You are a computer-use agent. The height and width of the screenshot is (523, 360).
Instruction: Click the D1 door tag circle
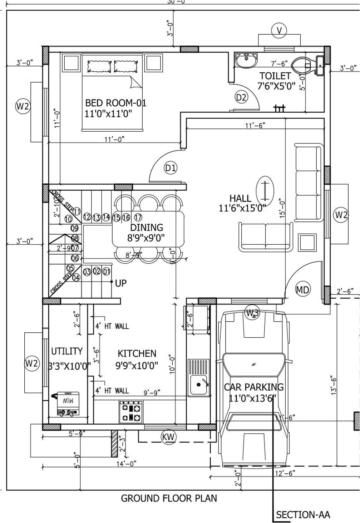click(x=171, y=167)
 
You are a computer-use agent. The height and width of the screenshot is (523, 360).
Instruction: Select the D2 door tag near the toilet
click(x=241, y=97)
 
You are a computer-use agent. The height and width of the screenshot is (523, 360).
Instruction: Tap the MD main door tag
click(x=302, y=289)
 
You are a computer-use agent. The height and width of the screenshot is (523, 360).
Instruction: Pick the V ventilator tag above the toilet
click(x=279, y=31)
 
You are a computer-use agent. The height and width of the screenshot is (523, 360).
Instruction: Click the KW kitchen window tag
click(x=168, y=437)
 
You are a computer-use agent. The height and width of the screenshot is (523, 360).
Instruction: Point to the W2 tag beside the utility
click(x=31, y=364)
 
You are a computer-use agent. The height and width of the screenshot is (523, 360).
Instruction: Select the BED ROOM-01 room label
click(x=115, y=103)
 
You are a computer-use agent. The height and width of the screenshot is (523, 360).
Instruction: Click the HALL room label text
click(x=240, y=198)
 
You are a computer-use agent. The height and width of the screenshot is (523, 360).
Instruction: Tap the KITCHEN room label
click(x=137, y=353)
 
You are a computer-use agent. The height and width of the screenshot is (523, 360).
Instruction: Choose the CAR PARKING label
click(x=253, y=387)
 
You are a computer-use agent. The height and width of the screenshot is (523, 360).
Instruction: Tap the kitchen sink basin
click(x=198, y=385)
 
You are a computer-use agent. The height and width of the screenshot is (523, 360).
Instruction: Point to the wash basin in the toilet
click(x=246, y=59)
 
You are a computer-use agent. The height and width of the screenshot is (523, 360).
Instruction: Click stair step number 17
click(x=138, y=217)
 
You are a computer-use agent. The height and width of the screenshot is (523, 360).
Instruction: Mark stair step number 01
click(x=106, y=272)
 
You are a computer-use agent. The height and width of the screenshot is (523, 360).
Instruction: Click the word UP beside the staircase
click(x=121, y=283)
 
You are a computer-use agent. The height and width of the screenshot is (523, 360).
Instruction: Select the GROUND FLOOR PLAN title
click(x=169, y=498)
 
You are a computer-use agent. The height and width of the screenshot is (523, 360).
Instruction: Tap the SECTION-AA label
click(x=303, y=515)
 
